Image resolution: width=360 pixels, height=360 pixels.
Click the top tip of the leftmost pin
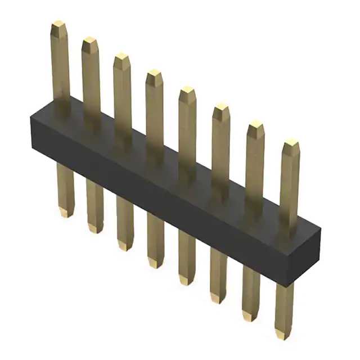pos(58,25)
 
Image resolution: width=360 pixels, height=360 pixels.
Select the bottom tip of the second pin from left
pos(96,229)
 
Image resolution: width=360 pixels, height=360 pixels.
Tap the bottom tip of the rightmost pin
pos(283,335)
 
